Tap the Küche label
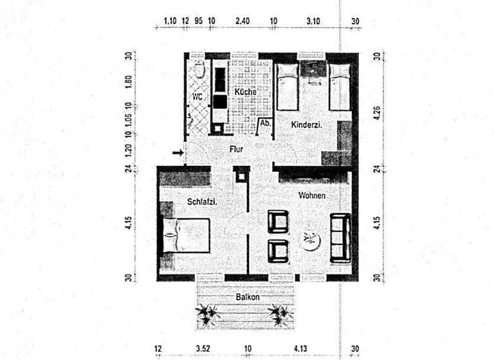245,93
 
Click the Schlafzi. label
201,202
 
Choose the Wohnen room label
311,195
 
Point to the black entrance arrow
178,153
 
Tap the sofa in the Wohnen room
339,237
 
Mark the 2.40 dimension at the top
242,21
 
